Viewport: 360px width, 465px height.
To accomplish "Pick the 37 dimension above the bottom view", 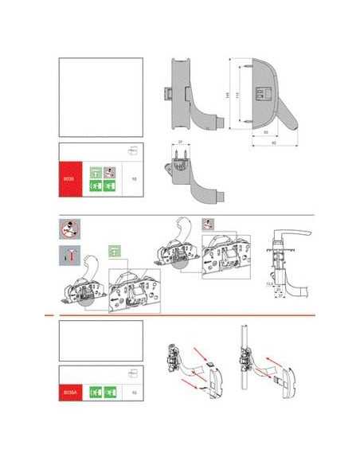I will coord(181,143).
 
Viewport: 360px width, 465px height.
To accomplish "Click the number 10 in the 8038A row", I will coord(134,393).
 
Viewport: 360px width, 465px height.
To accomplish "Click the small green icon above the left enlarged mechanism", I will coord(115,252).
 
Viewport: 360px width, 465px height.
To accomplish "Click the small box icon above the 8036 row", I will coord(133,150).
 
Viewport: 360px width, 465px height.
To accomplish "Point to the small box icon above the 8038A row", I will coord(133,373).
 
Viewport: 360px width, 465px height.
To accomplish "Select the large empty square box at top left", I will coord(101,96).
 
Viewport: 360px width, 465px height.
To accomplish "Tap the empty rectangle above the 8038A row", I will coord(101,341).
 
